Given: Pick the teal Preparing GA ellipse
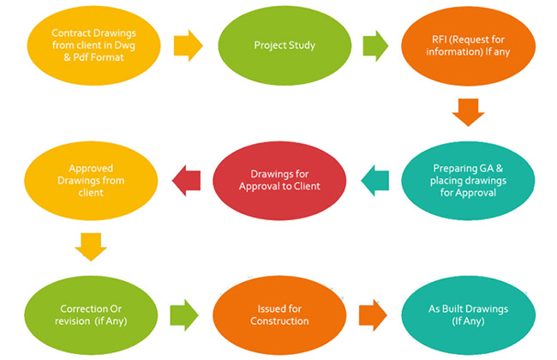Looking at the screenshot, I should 468,181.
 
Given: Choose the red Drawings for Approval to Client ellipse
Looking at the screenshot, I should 279,181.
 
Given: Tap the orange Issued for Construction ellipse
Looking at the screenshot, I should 279,313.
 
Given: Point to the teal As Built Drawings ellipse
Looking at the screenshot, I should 468,313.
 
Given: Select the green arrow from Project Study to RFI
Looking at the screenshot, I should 374,45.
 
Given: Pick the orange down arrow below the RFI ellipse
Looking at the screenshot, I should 468,111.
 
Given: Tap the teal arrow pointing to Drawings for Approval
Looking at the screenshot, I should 374,181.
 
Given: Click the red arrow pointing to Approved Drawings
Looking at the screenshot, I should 186,181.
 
